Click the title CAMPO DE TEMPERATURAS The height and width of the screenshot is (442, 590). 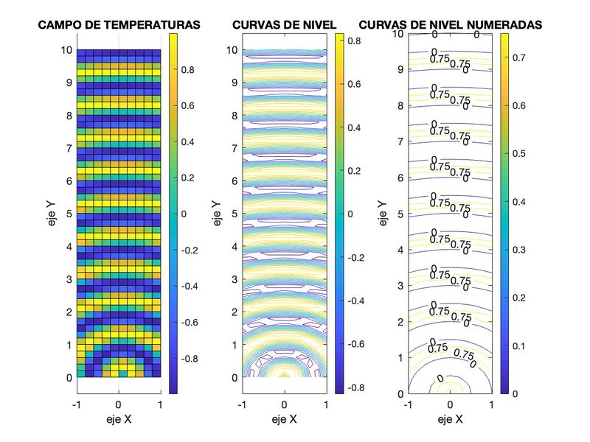119,25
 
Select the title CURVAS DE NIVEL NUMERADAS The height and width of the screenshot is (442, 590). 450,25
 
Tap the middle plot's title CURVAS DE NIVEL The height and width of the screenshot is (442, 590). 284,25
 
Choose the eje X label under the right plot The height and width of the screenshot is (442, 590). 450,420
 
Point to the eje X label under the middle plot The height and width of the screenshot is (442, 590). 284,420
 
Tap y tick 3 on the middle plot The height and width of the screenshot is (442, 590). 232,280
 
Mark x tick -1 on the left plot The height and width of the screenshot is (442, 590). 75,405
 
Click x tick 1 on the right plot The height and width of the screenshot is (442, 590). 492,405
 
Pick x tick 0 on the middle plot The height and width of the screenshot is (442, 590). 285,405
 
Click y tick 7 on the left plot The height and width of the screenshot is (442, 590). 67,149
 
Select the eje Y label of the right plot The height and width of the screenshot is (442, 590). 381,214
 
